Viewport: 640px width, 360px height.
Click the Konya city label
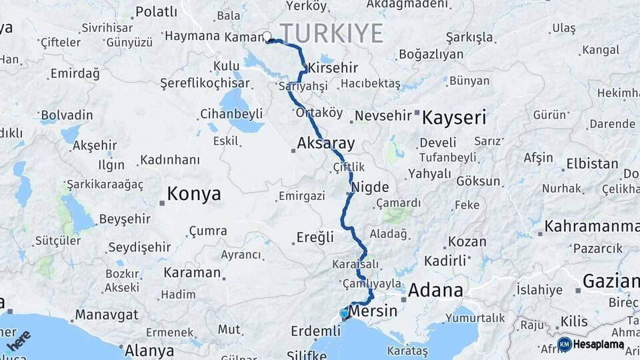(193, 194)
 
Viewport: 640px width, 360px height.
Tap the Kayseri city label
(454, 118)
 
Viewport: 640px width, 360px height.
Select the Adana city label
(435, 290)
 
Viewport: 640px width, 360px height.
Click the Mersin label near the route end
(373, 311)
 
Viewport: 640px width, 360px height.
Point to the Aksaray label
(326, 143)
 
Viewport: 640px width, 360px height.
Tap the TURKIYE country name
(331, 33)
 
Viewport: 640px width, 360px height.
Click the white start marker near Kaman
(267, 37)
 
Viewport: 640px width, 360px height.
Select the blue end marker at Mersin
(344, 313)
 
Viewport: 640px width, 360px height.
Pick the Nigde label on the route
(369, 187)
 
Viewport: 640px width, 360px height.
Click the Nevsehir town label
(383, 115)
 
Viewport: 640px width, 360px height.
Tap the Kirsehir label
(333, 68)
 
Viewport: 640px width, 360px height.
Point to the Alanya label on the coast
(150, 349)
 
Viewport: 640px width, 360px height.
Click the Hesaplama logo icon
(565, 344)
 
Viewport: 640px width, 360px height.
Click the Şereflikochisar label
(205, 83)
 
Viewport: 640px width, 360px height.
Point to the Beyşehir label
(126, 219)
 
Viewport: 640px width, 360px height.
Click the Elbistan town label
(592, 163)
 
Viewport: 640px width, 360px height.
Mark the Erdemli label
(316, 331)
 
